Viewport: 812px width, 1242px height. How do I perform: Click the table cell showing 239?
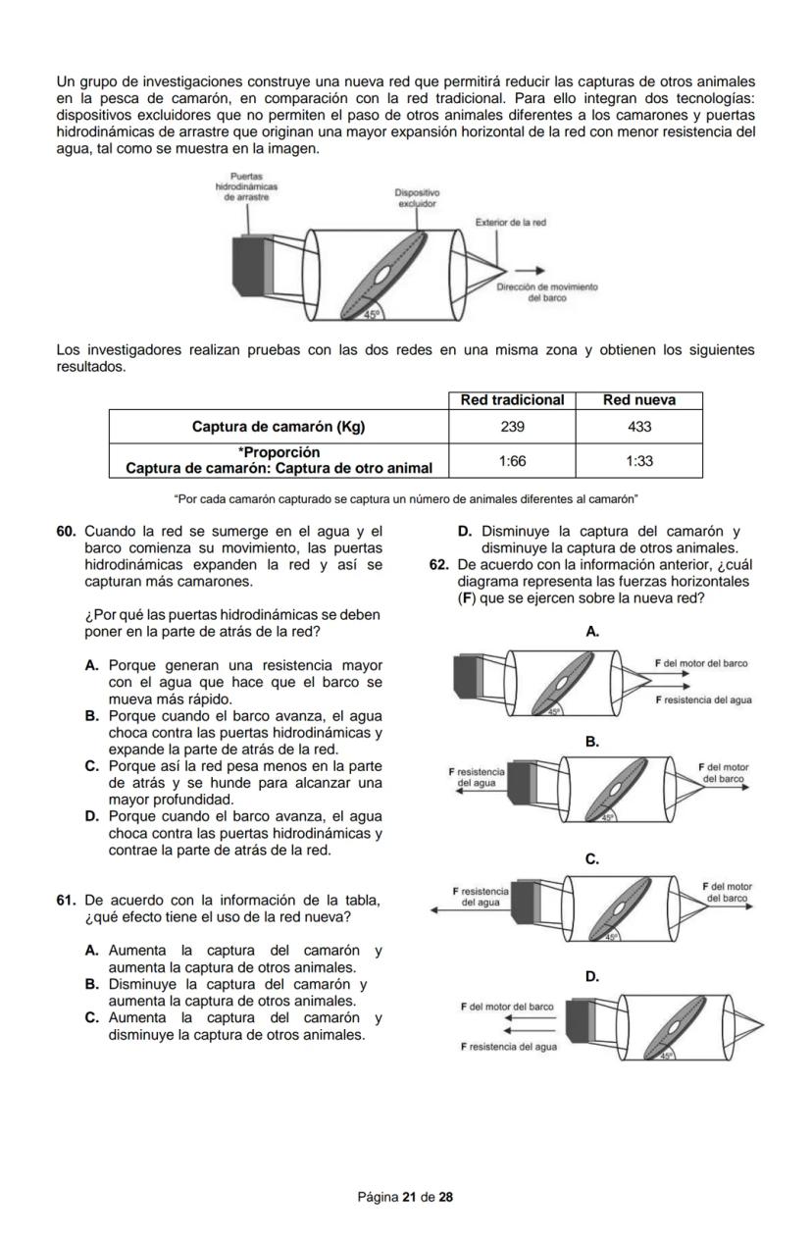tap(511, 427)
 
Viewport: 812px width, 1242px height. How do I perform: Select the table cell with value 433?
tap(639, 427)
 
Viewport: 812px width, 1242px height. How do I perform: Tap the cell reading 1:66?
tap(511, 460)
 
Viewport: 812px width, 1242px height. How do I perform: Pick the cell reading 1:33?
tap(639, 460)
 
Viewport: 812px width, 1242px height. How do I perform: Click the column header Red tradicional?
tap(512, 400)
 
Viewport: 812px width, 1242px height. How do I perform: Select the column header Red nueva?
tap(639, 400)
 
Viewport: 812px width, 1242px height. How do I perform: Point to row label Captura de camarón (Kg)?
tap(279, 427)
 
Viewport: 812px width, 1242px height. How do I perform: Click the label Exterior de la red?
tap(510, 223)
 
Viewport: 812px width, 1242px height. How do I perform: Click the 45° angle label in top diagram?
tap(372, 314)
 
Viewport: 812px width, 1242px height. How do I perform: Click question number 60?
tap(66, 531)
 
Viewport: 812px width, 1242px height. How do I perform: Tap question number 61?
tap(66, 900)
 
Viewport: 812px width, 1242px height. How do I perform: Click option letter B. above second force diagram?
tap(592, 741)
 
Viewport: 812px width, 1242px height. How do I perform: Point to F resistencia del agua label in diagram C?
tap(481, 896)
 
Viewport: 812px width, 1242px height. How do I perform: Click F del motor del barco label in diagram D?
tap(507, 1007)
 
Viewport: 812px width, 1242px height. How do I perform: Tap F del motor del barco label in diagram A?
tap(701, 663)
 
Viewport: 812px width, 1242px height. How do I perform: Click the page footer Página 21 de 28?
tap(405, 1197)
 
